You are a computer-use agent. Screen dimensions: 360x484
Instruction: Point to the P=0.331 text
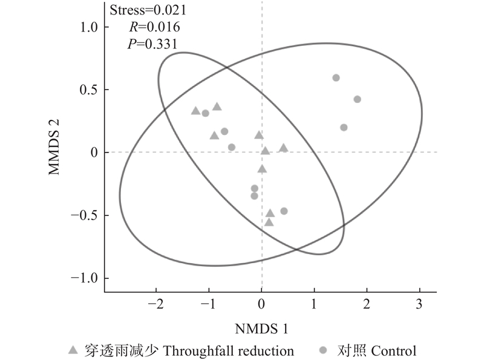tap(154, 43)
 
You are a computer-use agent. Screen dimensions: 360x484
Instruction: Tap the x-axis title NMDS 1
tap(262, 329)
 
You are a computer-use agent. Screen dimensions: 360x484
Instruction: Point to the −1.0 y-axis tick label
tap(85, 278)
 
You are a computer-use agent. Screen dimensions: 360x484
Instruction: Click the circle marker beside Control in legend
tap(324, 350)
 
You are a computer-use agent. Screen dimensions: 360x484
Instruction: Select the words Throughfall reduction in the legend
tap(228, 350)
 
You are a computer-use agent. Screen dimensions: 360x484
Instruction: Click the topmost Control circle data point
tap(336, 77)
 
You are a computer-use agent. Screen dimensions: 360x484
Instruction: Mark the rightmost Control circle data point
tap(357, 99)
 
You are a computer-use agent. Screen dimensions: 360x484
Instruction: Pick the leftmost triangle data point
tap(195, 111)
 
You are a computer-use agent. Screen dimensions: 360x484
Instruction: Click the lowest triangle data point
tap(269, 222)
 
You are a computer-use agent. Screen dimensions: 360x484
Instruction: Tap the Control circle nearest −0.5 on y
tap(284, 211)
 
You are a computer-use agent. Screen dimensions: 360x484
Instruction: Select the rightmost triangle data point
tap(283, 148)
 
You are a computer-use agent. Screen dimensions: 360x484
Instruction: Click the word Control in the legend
tap(394, 350)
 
